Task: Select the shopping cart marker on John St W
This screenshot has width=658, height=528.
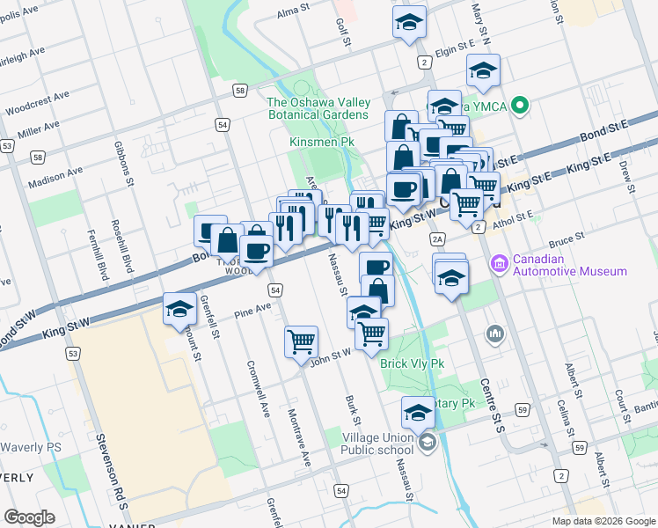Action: point(301,341)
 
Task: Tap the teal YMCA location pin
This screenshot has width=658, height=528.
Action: point(520,108)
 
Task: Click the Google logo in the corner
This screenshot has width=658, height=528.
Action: point(30,517)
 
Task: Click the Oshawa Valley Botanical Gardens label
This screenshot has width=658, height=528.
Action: point(318,108)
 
